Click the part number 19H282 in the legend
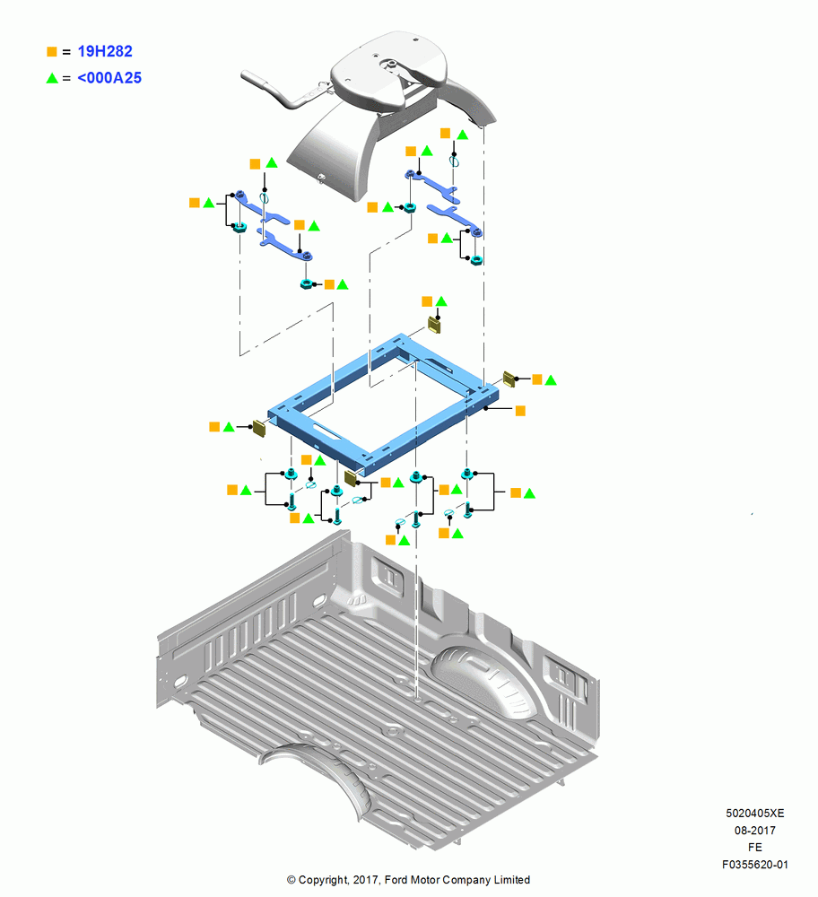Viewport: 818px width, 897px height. [105, 51]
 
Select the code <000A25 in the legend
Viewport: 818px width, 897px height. [109, 78]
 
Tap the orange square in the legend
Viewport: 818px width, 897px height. [51, 51]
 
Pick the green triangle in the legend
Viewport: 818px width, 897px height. [52, 78]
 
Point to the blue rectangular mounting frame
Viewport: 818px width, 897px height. [383, 405]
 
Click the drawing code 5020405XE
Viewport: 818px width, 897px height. [755, 813]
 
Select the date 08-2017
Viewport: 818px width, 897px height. [755, 830]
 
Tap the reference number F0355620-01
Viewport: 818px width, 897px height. [755, 865]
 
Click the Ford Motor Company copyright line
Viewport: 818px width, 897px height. [408, 880]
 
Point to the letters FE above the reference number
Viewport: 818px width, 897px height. [755, 848]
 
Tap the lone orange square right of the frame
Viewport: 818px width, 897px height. [520, 411]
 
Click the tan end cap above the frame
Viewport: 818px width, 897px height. [435, 326]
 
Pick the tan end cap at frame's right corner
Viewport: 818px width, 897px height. [509, 379]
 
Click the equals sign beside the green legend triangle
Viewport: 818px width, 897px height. [66, 78]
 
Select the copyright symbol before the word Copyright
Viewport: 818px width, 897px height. [292, 880]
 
